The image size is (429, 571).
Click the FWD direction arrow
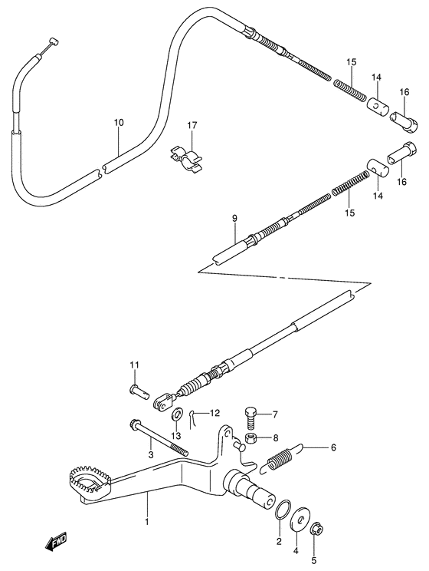[x=57, y=543]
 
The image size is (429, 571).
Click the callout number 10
[x=119, y=123]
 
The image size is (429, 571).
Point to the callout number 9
[x=235, y=219]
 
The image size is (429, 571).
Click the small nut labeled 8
[x=251, y=440]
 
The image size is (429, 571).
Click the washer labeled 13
[x=176, y=416]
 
